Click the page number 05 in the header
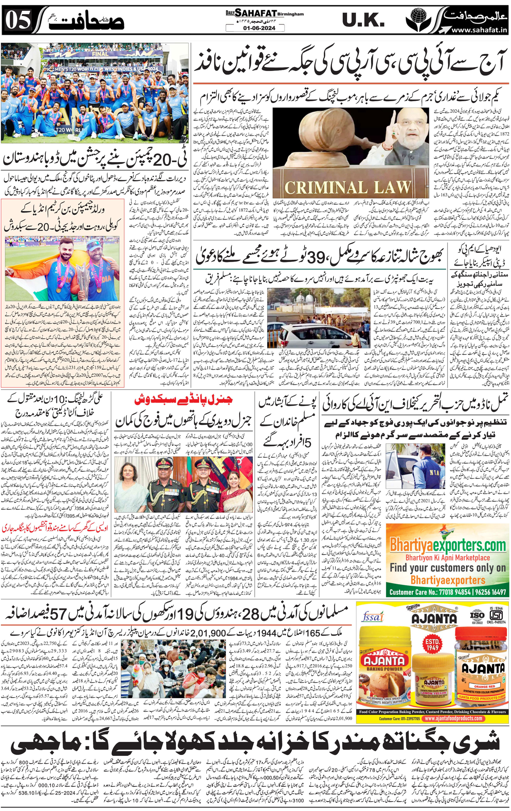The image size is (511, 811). tap(19, 20)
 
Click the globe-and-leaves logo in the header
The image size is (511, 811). tap(419, 20)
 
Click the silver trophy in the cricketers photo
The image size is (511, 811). tap(82, 277)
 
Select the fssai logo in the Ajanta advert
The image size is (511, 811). tap(373, 617)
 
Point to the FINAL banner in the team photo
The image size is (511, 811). tap(100, 53)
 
